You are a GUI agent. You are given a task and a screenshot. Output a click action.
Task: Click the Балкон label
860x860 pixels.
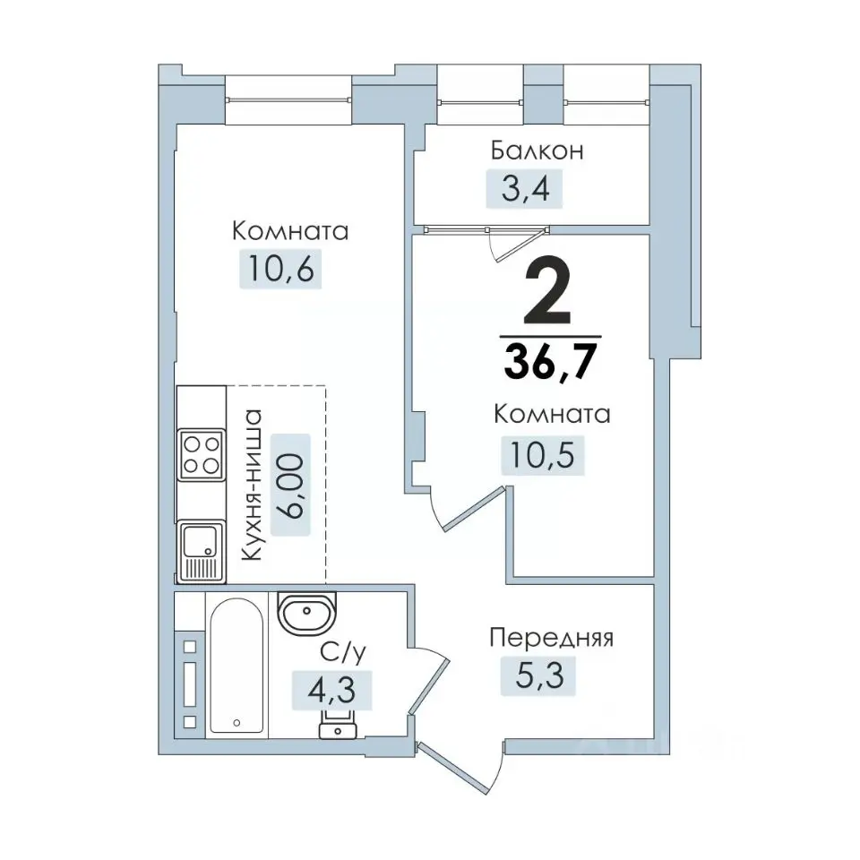coord(537,150)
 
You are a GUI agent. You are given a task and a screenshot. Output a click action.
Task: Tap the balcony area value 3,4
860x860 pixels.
coord(525,189)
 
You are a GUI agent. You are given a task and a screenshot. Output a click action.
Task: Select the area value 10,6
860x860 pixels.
coord(280,269)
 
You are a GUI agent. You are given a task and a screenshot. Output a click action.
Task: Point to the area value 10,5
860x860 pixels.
coord(543,455)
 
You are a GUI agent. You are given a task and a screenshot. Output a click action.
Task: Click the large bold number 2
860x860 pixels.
coord(547,292)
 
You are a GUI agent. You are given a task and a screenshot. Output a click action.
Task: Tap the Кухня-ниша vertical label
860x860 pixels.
coord(252,485)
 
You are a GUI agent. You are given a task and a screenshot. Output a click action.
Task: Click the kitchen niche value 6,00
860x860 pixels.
coord(290,485)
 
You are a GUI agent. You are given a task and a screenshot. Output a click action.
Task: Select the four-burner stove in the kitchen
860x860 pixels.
coord(202,455)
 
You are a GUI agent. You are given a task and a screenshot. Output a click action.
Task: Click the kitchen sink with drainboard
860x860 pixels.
coord(201,552)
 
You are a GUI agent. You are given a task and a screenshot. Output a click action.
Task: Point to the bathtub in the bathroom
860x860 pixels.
coord(236,666)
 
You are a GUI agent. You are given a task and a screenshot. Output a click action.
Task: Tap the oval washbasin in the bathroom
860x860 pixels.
coord(306,611)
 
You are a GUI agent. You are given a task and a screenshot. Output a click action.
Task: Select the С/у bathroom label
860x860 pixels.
coord(343,653)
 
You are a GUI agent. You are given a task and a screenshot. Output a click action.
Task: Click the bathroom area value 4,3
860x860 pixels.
coord(331,690)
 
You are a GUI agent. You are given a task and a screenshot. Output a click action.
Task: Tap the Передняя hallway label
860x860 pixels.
coord(551,639)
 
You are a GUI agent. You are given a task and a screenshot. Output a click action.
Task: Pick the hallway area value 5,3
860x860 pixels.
coord(539,675)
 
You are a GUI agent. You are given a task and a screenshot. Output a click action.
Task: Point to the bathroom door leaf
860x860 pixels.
coord(430,687)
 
